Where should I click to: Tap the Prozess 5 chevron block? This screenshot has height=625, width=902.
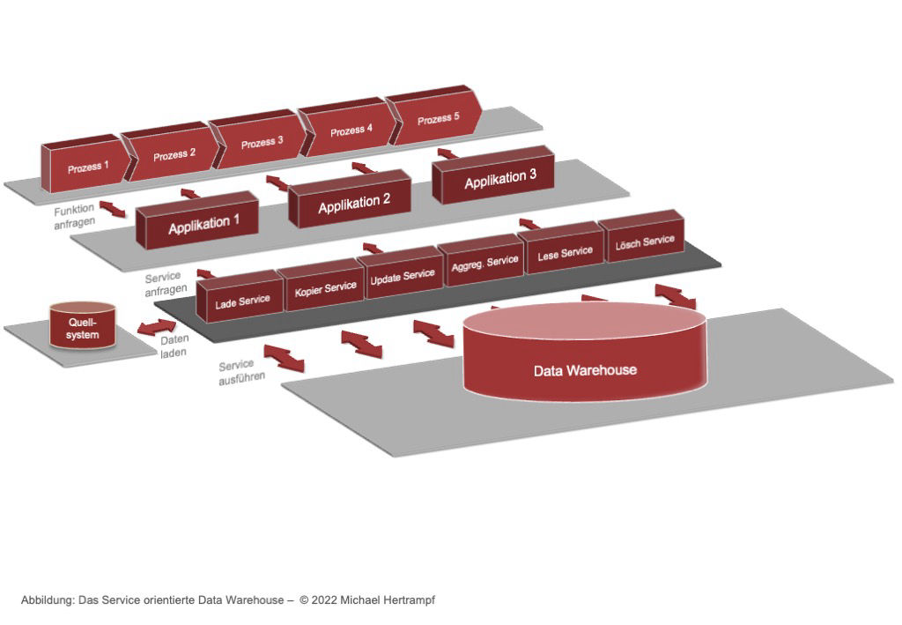pyautogui.click(x=438, y=118)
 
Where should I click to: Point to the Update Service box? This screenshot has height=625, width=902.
pyautogui.click(x=403, y=275)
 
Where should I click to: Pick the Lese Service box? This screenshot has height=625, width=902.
pyautogui.click(x=565, y=252)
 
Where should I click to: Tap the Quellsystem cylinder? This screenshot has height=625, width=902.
pyautogui.click(x=82, y=327)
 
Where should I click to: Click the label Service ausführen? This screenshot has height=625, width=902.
pyautogui.click(x=236, y=370)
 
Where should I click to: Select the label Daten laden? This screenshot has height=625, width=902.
pyautogui.click(x=174, y=345)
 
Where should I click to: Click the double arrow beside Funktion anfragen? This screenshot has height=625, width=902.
pyautogui.click(x=112, y=208)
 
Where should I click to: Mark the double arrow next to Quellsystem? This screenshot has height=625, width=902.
pyautogui.click(x=156, y=327)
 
